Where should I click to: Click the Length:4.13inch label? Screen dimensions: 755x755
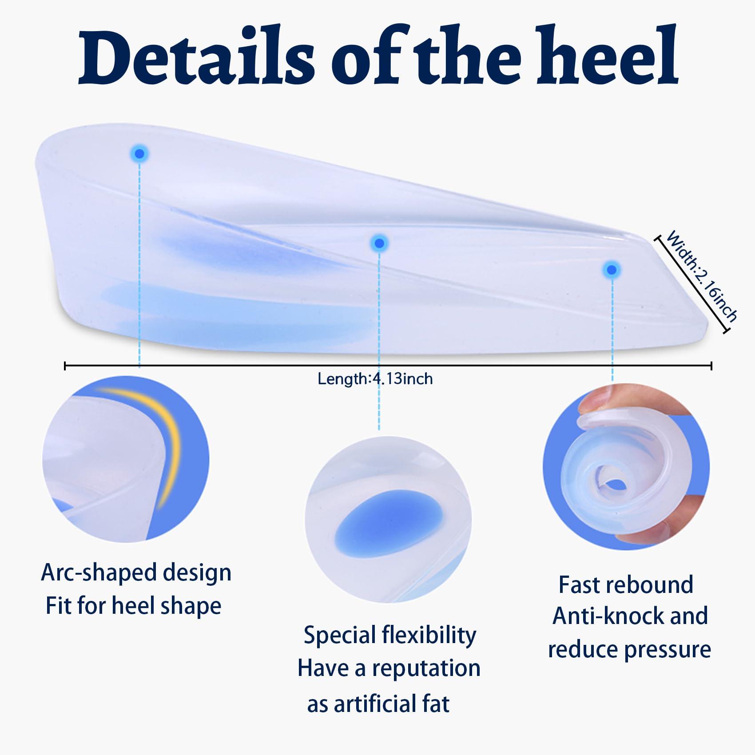pos(375,379)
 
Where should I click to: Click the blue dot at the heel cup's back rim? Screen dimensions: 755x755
pos(139,154)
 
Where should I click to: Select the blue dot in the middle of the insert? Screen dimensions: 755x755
pos(379,243)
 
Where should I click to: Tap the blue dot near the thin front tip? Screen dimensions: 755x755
pos(612,270)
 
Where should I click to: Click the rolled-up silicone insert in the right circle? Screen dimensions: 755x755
pos(622,475)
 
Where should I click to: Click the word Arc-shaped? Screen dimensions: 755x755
pos(93,573)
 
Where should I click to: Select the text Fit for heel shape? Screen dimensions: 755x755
pos(133,606)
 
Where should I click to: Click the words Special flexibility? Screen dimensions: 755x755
pos(389,635)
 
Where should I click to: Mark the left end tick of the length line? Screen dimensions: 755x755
pos(65,366)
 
